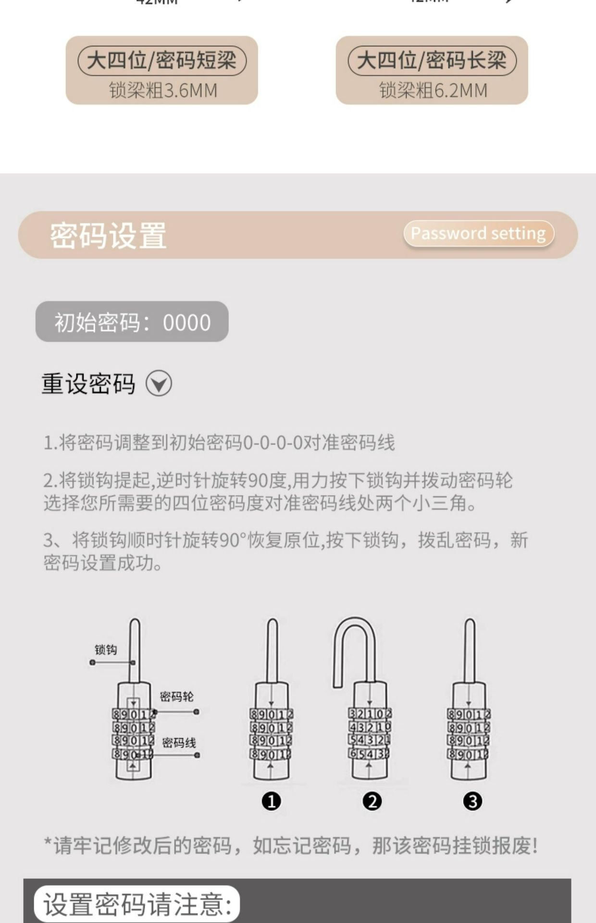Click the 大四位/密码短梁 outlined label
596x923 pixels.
point(162,61)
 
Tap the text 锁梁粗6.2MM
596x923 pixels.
point(433,90)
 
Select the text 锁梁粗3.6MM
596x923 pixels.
point(163,90)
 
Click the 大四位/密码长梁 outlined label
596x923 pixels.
point(432,61)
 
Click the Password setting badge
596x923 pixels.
point(478,234)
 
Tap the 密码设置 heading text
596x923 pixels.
point(108,236)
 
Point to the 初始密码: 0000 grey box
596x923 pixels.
point(132,322)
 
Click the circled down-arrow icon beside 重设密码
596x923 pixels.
point(159,384)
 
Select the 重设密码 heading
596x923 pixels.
point(88,384)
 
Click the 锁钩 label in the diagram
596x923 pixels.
point(105,649)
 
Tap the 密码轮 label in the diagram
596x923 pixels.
point(176,697)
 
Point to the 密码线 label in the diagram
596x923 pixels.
point(179,743)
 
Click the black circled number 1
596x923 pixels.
point(271,801)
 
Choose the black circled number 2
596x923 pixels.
point(372,801)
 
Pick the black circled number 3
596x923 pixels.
point(472,801)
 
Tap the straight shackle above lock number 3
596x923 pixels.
point(470,649)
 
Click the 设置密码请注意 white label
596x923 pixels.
point(137,904)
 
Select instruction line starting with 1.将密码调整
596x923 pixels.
point(219,442)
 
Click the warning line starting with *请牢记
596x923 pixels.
point(291,846)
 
